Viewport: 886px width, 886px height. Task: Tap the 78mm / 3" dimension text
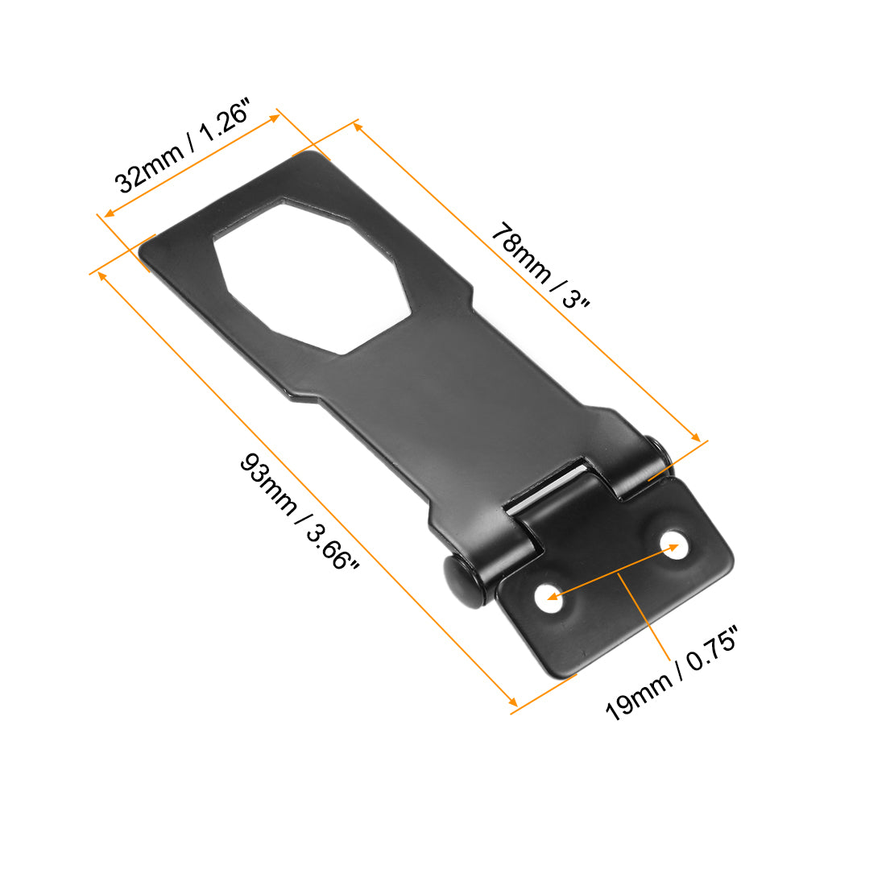pos(541,265)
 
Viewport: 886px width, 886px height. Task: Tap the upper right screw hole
pos(672,547)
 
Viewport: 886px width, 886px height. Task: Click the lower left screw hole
pos(549,598)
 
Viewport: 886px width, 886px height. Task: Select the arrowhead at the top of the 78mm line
pos(358,126)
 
